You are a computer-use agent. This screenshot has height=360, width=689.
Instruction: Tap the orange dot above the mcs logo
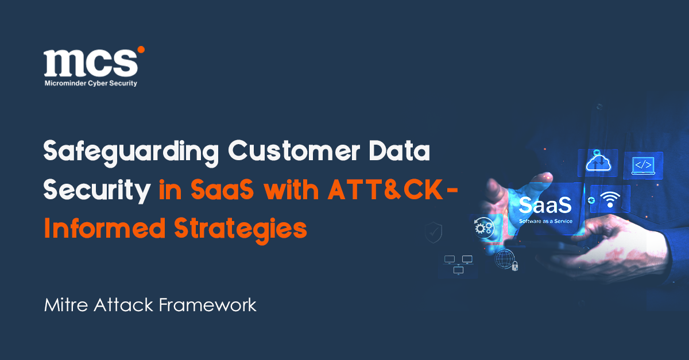coord(141,49)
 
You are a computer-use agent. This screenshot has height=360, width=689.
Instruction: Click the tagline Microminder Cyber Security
coord(91,83)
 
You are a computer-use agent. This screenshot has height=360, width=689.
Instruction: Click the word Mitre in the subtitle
coord(62,304)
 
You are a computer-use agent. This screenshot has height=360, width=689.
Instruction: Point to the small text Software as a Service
coord(545,220)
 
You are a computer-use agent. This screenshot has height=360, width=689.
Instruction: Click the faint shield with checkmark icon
coord(432,233)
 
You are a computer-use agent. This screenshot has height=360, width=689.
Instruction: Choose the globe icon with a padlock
coord(506,260)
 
